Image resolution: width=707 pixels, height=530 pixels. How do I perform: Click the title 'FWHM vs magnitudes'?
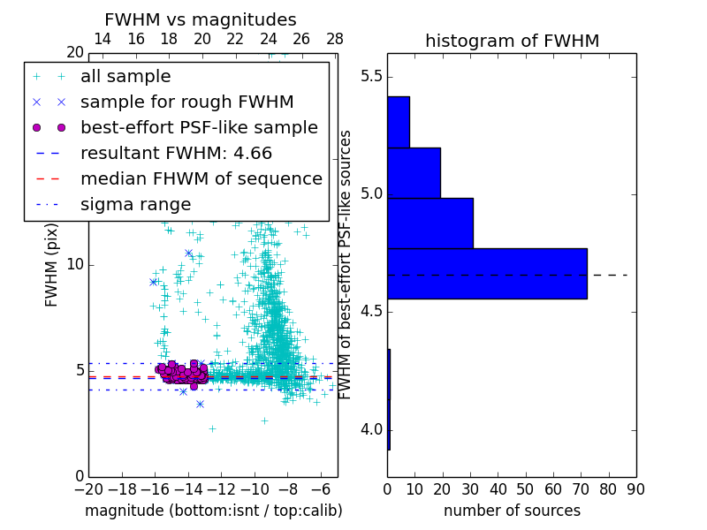point(200,20)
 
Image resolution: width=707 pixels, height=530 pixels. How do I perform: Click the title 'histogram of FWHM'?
point(512,42)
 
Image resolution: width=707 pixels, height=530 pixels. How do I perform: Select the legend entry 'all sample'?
point(125,77)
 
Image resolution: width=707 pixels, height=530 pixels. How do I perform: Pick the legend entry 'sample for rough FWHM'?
point(186,102)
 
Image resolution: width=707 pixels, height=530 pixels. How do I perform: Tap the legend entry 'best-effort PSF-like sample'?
point(199,128)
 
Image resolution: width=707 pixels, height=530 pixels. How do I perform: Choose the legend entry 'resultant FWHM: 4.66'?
point(176,154)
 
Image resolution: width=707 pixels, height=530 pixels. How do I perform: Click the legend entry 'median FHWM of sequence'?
point(201,179)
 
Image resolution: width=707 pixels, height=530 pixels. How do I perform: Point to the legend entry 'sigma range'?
point(135,205)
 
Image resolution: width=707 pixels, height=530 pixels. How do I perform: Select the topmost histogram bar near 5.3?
point(399,122)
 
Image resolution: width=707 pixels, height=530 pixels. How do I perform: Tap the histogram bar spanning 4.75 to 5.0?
point(430,223)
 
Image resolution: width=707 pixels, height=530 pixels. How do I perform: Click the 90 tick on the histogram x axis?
point(635,488)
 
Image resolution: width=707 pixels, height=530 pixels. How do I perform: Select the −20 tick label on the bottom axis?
point(88,488)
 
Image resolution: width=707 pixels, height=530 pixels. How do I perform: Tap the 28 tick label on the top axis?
point(335,39)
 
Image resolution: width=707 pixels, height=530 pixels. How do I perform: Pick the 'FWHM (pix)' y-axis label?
point(52,264)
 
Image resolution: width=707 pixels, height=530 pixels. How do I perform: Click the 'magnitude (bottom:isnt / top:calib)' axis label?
point(213,511)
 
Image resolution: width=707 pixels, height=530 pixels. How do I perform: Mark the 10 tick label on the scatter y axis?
point(75,265)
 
